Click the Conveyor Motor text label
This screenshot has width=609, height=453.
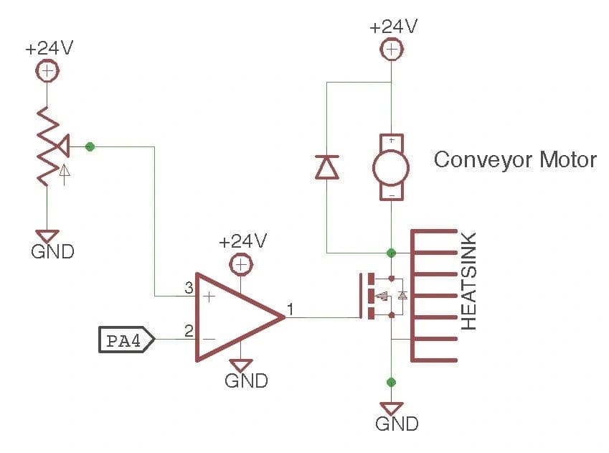(x=514, y=159)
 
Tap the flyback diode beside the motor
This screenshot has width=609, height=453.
(x=327, y=167)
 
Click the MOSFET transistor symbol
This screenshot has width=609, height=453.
(x=380, y=295)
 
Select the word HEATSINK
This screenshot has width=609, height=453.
(x=468, y=281)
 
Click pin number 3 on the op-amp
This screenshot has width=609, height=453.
(x=189, y=289)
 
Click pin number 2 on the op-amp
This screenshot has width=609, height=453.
(x=189, y=331)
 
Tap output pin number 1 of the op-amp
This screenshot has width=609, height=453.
(x=291, y=309)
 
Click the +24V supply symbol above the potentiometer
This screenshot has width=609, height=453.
(x=47, y=71)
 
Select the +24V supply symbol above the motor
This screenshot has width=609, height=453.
(x=392, y=49)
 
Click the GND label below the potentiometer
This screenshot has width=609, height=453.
(x=52, y=252)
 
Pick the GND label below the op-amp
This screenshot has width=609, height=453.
(x=246, y=380)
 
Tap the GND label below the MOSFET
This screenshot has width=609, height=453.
(x=397, y=424)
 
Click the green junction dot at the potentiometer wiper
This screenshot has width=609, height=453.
(x=90, y=146)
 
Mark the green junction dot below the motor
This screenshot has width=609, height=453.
(x=391, y=253)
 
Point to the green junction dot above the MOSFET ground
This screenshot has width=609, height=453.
(x=391, y=381)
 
